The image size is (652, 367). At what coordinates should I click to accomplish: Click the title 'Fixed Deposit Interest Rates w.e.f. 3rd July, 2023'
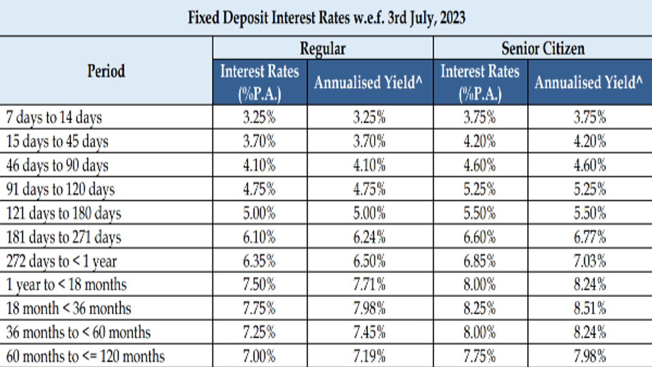(327, 18)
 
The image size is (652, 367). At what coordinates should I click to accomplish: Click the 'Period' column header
(106, 71)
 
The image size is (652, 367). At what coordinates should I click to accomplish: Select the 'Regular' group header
(323, 48)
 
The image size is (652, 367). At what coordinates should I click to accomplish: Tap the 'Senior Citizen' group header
(543, 48)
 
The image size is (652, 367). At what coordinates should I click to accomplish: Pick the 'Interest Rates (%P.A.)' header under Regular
(260, 82)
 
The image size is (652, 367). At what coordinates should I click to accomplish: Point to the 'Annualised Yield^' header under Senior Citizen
(588, 82)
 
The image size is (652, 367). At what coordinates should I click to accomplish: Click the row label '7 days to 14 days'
(54, 117)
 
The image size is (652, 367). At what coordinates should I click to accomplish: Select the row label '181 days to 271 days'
(64, 237)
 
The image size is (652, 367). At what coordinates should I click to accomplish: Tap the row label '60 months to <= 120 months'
(85, 356)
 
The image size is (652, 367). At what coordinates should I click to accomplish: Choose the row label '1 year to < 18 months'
(66, 284)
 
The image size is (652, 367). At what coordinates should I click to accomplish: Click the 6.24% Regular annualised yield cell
(369, 237)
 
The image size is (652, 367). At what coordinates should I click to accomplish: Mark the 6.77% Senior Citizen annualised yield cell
(589, 237)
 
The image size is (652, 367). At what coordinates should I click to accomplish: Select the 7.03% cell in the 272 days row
(589, 261)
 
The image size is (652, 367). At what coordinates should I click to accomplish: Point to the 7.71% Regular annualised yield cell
(369, 284)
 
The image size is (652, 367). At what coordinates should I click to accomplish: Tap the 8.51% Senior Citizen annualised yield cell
(589, 308)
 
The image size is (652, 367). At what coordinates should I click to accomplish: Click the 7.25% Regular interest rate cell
(259, 332)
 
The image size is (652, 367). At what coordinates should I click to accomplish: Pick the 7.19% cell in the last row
(369, 356)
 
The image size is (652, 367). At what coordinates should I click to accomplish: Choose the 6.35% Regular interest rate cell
(259, 261)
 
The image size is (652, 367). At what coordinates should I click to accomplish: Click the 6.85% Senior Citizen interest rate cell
(480, 261)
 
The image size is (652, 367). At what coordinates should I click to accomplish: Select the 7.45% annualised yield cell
(369, 332)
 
